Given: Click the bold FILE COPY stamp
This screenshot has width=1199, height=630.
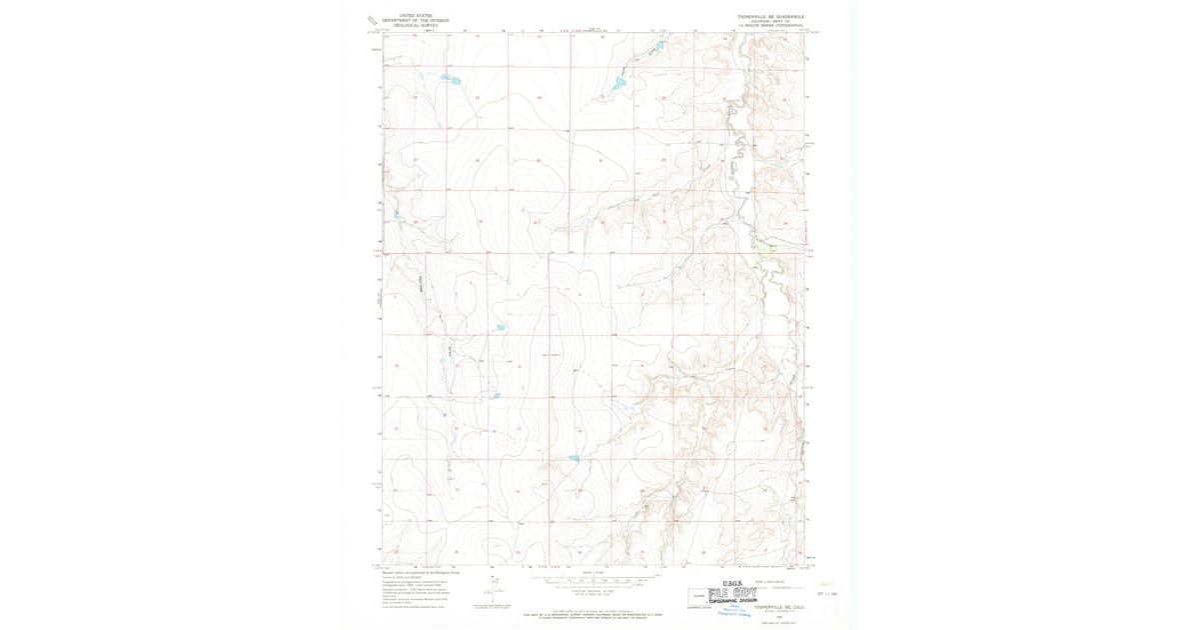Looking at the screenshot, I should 730,592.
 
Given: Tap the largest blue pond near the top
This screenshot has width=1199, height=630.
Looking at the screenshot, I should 618,84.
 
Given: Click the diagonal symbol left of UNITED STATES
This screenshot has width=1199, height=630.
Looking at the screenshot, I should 372,20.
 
